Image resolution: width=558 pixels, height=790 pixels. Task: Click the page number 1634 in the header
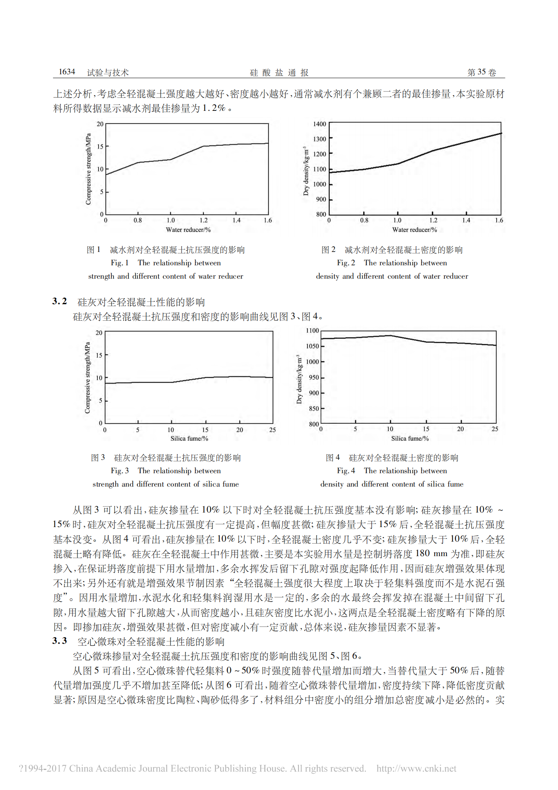[x=67, y=72]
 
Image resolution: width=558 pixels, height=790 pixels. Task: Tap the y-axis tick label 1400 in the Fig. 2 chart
[x=319, y=124]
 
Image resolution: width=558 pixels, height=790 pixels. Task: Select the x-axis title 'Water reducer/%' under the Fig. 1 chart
[x=188, y=230]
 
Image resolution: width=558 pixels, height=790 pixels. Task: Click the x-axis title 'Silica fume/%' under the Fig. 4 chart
[x=410, y=439]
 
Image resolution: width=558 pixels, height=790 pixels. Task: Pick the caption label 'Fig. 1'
[x=119, y=263]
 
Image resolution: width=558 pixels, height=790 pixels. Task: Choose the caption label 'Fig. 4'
[x=346, y=471]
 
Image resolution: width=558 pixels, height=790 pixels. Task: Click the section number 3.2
[x=60, y=301]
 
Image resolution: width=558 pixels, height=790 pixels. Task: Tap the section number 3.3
[x=60, y=641]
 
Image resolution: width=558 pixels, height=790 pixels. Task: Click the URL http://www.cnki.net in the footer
[x=416, y=769]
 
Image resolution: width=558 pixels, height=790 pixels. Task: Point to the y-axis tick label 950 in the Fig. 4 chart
[x=314, y=378]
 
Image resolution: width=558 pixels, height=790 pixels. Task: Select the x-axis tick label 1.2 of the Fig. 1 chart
[x=203, y=220]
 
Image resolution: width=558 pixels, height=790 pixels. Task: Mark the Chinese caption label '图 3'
[x=98, y=457]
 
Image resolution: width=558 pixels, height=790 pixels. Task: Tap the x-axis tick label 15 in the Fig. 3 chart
[x=205, y=430]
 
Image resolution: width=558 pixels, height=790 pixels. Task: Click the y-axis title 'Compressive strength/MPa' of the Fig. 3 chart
[x=87, y=378]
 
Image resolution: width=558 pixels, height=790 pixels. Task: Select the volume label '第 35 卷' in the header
[x=481, y=72]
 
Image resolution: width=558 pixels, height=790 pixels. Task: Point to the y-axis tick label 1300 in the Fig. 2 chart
[x=319, y=139]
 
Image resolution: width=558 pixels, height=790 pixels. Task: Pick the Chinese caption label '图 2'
[x=328, y=250]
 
